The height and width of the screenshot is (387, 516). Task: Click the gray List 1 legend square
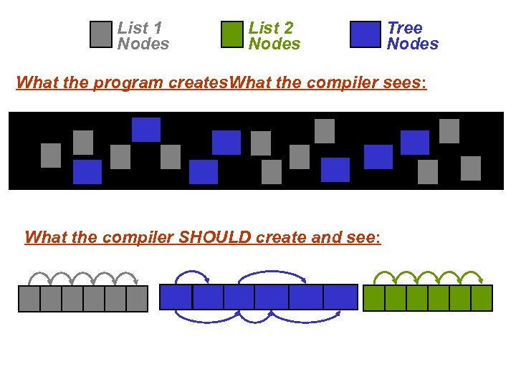click(101, 34)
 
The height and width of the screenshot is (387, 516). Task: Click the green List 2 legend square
click(233, 34)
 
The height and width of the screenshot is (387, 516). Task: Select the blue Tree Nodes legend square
click(365, 34)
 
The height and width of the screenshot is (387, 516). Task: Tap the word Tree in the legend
click(405, 28)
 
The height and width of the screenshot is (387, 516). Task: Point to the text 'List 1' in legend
click(140, 28)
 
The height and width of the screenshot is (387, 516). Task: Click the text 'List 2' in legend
click(271, 28)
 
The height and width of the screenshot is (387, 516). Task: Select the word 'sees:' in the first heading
click(406, 82)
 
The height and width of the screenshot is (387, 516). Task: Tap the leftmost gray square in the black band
click(51, 156)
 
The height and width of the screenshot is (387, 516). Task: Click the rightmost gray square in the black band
click(471, 168)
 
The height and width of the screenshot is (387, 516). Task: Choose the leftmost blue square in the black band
click(87, 172)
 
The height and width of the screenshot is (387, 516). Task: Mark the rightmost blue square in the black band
click(415, 143)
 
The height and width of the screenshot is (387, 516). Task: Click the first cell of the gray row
click(29, 299)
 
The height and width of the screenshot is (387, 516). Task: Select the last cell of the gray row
click(137, 299)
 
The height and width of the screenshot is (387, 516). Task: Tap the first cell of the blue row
click(176, 297)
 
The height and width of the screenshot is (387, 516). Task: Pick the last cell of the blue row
click(340, 297)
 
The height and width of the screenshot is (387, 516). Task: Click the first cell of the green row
click(374, 298)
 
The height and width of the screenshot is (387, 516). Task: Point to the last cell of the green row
click(482, 298)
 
